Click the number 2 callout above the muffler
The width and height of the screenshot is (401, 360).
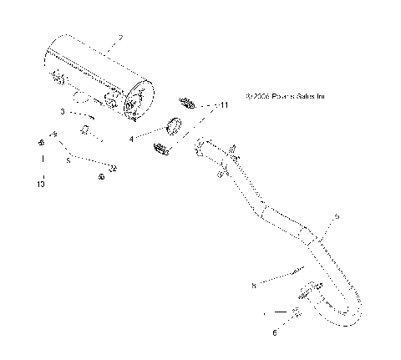coord(121,38)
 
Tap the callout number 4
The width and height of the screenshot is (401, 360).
coord(131,139)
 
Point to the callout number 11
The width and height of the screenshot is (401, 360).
coord(223,106)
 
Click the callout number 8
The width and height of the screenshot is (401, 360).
coord(253,284)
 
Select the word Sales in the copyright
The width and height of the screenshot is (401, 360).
coord(306,96)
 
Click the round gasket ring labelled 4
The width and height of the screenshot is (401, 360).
coord(175,127)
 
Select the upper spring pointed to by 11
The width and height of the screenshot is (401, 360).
coord(188,104)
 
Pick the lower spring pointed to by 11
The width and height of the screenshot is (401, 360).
coord(161,150)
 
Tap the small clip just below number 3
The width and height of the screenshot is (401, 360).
coord(85,129)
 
